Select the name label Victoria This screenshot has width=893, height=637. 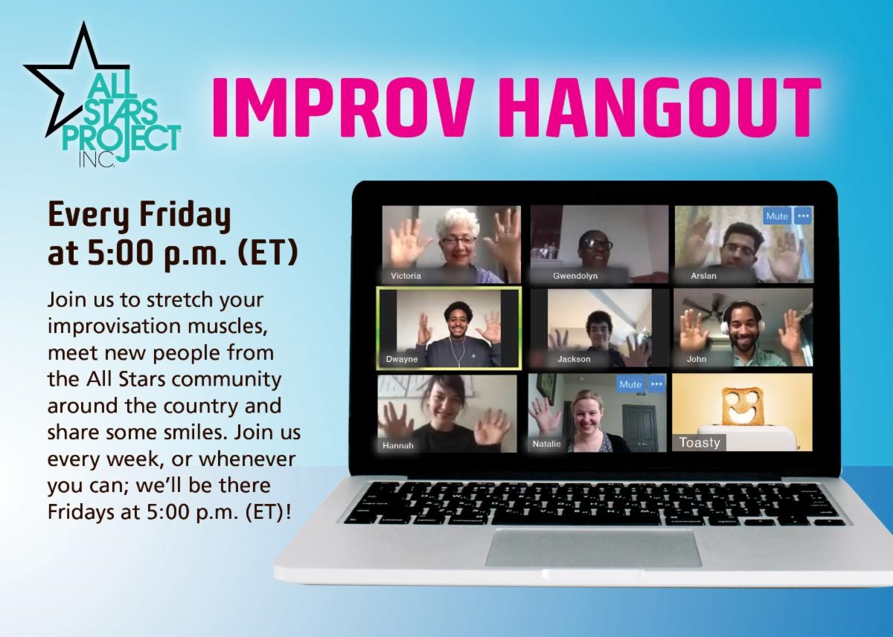tap(406, 276)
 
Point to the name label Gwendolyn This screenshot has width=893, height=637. tap(575, 276)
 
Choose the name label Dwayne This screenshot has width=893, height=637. tap(402, 359)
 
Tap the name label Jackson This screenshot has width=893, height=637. tap(574, 359)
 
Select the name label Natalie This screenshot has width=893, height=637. tap(547, 444)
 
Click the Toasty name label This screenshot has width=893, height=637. tap(700, 442)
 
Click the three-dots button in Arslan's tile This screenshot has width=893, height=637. tap(802, 216)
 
